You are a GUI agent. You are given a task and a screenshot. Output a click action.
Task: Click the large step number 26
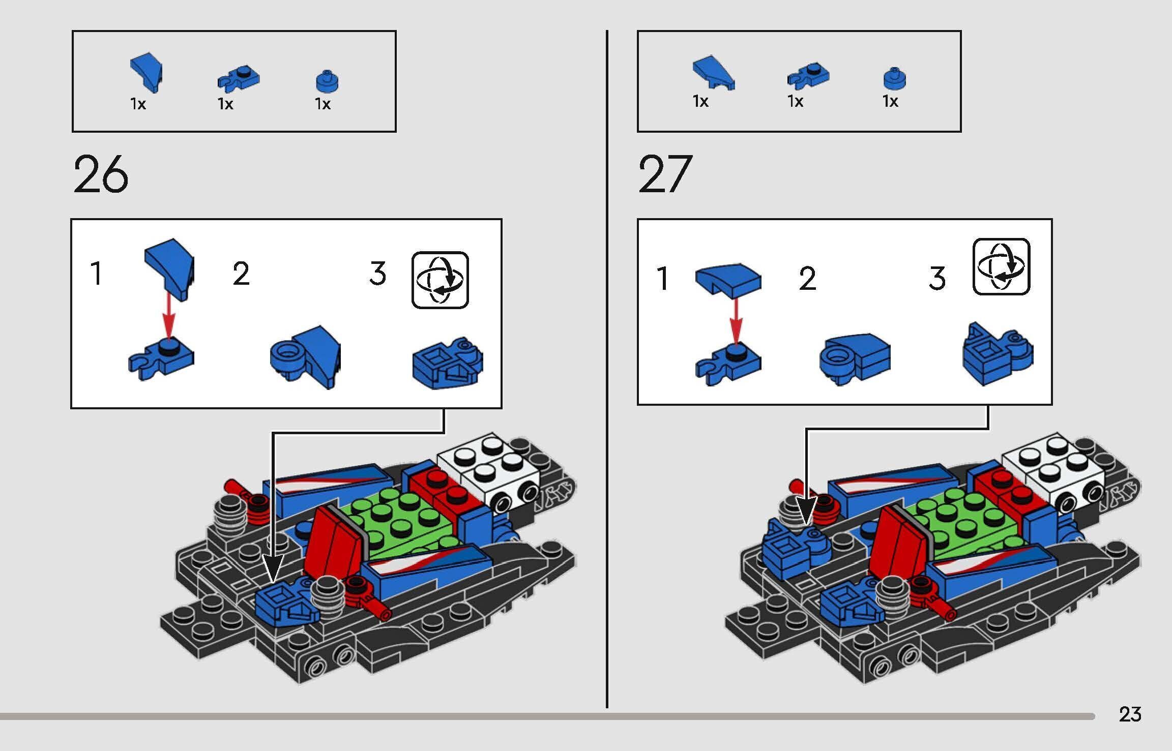click(x=100, y=175)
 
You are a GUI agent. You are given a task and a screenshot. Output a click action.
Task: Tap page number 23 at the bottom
click(x=1130, y=714)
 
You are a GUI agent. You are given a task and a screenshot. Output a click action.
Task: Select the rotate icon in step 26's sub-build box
click(x=440, y=280)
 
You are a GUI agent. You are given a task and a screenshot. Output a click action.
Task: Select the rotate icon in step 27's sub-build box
click(x=1001, y=266)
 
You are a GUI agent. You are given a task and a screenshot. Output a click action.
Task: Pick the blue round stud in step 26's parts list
click(x=328, y=81)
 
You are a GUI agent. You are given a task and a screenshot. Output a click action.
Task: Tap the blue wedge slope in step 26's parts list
click(x=148, y=73)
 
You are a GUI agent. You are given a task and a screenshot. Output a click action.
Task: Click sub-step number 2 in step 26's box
click(x=241, y=275)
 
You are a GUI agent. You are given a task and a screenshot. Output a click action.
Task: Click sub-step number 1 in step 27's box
click(x=662, y=279)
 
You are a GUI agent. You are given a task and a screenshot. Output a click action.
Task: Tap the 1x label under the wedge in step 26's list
click(x=138, y=104)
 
